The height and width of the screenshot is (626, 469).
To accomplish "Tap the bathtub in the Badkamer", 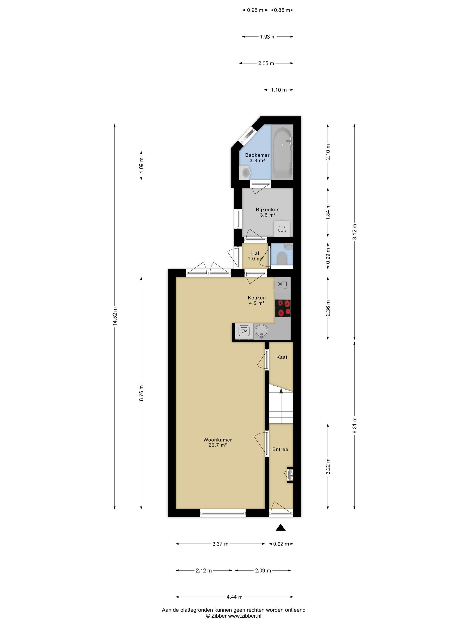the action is pyautogui.click(x=283, y=153).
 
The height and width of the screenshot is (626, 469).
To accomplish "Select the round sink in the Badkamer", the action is pyautogui.click(x=245, y=172).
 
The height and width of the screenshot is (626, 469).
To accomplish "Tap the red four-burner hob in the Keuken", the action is pyautogui.click(x=283, y=308).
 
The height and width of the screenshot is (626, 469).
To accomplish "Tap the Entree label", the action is pyautogui.click(x=280, y=449).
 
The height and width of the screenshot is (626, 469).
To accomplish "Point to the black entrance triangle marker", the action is pyautogui.click(x=281, y=527).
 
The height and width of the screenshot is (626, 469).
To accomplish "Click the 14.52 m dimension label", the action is pyautogui.click(x=115, y=316).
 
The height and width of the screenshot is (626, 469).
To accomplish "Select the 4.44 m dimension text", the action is pyautogui.click(x=234, y=597).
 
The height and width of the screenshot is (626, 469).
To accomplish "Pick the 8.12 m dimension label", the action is pyautogui.click(x=354, y=232).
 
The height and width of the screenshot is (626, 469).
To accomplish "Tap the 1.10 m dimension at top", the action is pyautogui.click(x=279, y=90).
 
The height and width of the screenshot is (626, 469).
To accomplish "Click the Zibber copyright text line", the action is pyautogui.click(x=234, y=616).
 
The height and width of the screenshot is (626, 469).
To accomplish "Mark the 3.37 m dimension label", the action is pyautogui.click(x=220, y=544).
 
